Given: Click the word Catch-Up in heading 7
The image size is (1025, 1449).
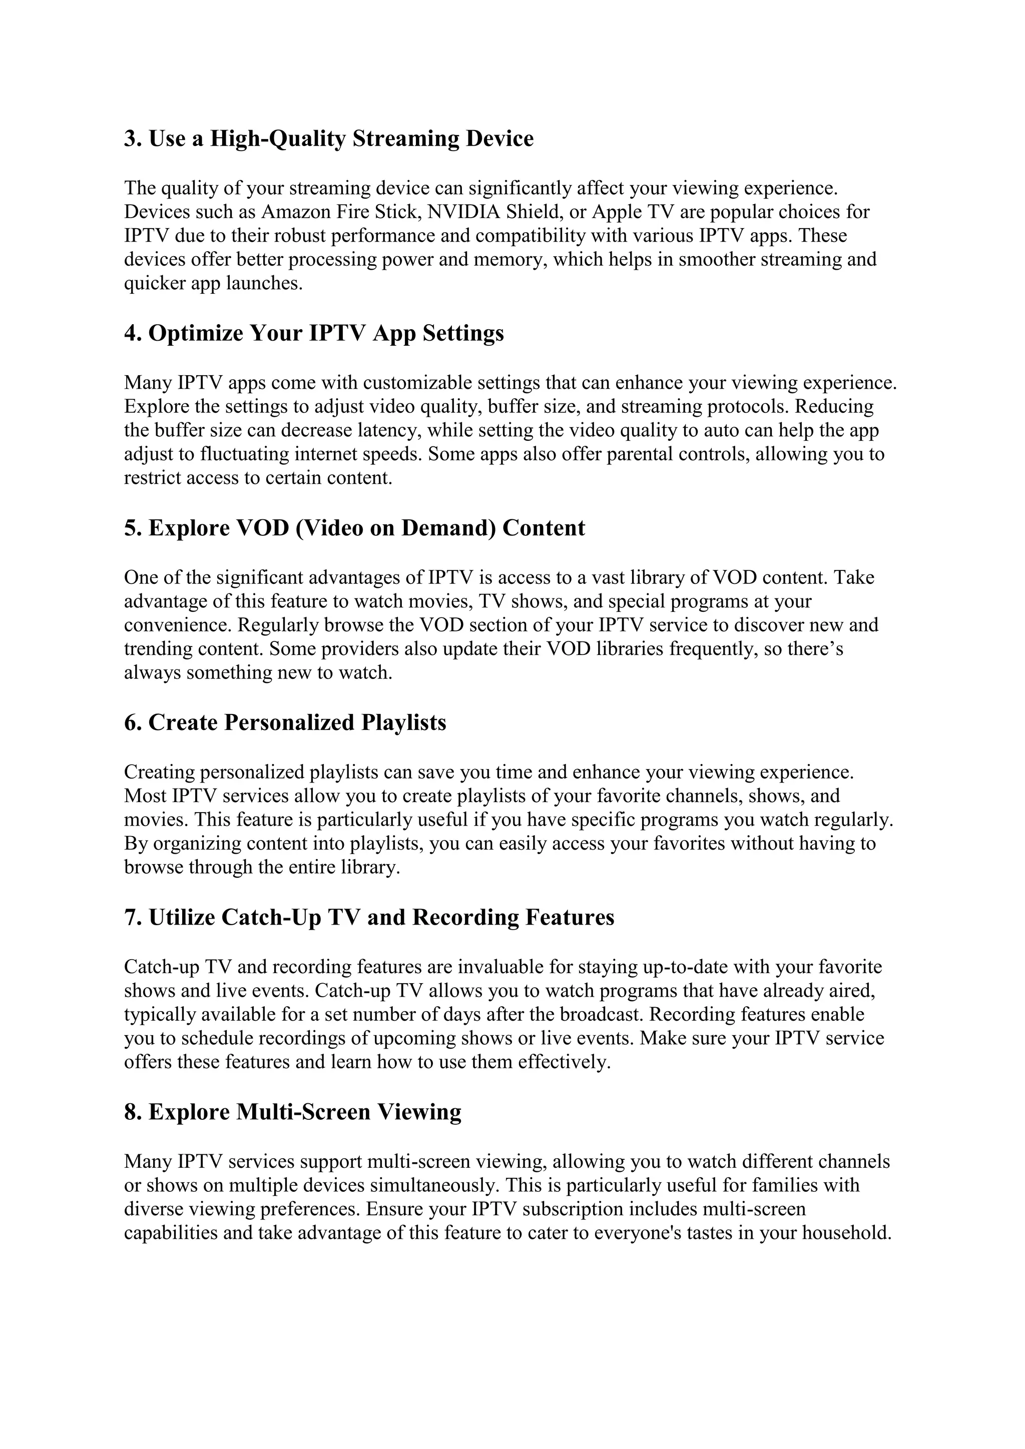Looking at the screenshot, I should click(x=271, y=917).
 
